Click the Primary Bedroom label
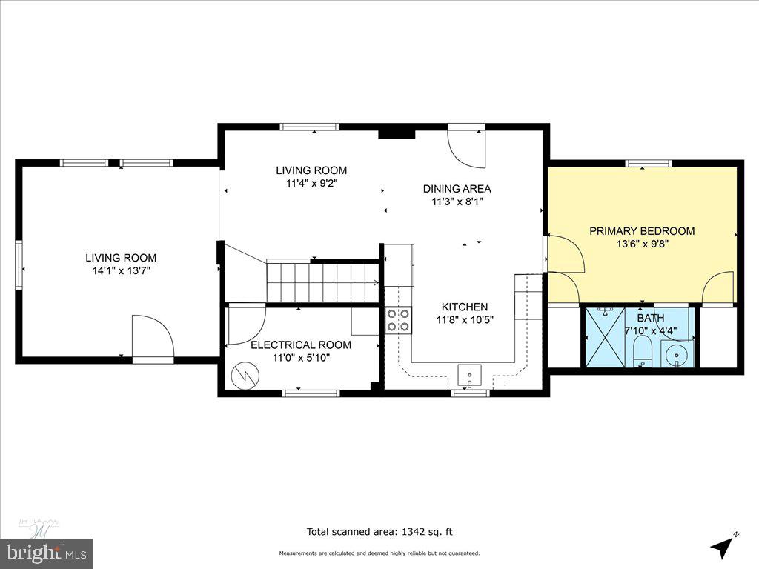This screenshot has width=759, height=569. point(642,231)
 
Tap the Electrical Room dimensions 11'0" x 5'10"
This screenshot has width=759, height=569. point(301,357)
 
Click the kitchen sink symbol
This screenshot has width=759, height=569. point(470,376)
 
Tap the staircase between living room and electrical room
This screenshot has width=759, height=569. point(322,282)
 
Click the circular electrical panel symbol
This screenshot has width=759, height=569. point(242,376)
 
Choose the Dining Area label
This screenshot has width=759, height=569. point(457,189)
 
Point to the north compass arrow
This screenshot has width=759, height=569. point(723,546)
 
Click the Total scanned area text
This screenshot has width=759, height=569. point(379,531)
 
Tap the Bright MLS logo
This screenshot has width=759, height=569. point(46,552)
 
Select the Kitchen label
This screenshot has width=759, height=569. point(465,307)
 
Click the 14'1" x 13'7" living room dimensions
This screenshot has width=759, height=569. point(121,270)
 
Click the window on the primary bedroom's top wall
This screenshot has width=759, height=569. point(648,163)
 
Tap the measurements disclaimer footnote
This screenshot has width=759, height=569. point(379,553)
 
